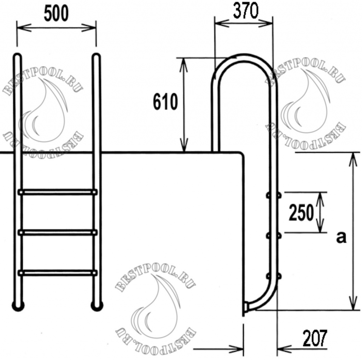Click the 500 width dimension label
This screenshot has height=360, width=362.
57,14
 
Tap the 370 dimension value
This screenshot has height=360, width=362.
246,11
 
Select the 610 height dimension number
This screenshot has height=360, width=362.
165,102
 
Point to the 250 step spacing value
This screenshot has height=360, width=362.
301,213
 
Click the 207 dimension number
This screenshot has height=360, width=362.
315,338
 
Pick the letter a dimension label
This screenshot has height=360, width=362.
341,238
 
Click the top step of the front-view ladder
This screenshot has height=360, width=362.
57,192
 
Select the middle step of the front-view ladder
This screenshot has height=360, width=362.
57,232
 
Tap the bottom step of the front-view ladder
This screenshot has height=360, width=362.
57,272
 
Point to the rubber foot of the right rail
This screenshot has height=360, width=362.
97,306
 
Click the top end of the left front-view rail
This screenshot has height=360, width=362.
17,57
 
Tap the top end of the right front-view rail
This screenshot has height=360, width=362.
96,57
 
